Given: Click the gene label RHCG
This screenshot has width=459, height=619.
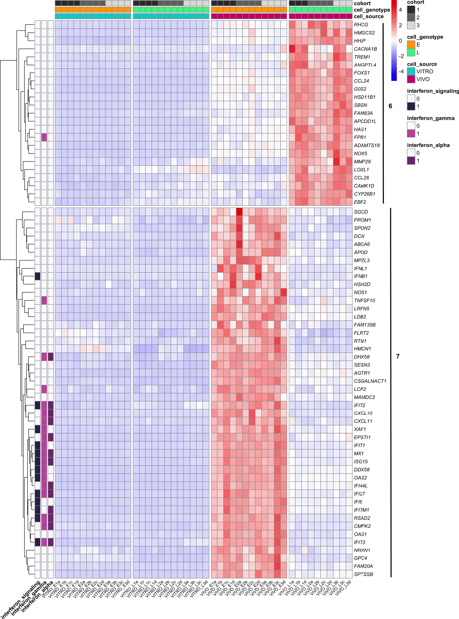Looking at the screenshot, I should [361, 25].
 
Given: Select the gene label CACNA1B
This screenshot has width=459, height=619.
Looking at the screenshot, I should [365, 49].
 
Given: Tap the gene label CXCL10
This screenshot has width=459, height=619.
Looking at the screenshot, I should [363, 413].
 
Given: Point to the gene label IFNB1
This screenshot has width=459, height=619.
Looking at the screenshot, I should [361, 276].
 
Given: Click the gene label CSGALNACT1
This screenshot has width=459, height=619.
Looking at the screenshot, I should [370, 381].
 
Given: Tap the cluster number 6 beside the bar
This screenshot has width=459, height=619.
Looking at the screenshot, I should [390, 106].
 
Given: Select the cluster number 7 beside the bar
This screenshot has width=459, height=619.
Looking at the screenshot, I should [398, 357].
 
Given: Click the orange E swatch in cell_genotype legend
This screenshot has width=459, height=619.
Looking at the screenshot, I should [411, 44].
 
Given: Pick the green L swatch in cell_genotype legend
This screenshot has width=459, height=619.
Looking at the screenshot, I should [411, 52].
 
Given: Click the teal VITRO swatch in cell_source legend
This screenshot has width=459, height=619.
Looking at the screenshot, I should [411, 71].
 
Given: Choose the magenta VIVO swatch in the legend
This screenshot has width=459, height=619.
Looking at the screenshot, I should [411, 79].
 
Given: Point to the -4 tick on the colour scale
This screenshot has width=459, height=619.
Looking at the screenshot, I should [401, 71].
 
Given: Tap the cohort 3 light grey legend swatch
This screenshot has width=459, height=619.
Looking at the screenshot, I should [411, 25].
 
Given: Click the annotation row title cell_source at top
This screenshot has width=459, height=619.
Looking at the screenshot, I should [369, 16].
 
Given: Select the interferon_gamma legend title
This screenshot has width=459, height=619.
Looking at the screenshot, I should [430, 118].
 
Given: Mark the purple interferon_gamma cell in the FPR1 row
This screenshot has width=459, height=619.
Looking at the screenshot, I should [44, 137].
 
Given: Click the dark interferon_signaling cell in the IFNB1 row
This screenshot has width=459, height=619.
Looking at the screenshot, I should [38, 276].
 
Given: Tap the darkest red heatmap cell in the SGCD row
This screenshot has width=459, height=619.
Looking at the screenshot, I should [239, 212].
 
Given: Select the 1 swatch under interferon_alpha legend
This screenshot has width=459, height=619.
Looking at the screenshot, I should [411, 160].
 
